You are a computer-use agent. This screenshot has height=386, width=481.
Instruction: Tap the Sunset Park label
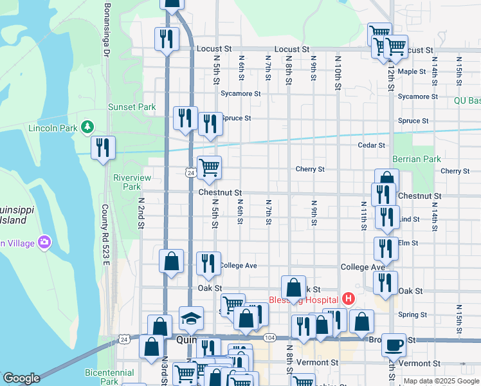pos(132,107)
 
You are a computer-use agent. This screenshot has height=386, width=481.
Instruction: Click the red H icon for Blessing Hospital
pos(349,299)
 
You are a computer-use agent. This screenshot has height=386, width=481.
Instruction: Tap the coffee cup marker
pos(393,345)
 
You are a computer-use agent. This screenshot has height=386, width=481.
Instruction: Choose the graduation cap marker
pos(191,318)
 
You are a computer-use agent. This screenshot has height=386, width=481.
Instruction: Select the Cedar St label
pos(371,145)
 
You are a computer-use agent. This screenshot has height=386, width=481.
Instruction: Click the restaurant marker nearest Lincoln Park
pos(103,148)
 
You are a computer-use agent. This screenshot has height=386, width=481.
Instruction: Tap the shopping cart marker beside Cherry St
pos(209,168)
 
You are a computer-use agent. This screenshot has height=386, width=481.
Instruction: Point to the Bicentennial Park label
pos(109,377)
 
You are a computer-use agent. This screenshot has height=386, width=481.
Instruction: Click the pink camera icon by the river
pos(44,243)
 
